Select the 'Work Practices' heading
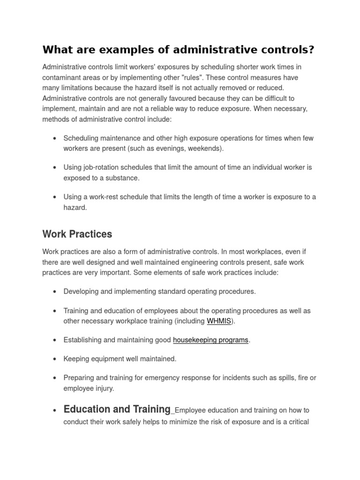pos(77,233)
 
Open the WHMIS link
pos(219,321)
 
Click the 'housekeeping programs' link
pos(210,340)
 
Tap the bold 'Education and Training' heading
pos(117,409)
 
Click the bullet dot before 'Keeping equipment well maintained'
pos(55,359)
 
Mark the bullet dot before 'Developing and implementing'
pos(55,292)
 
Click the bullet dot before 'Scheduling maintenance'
pos(55,138)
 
